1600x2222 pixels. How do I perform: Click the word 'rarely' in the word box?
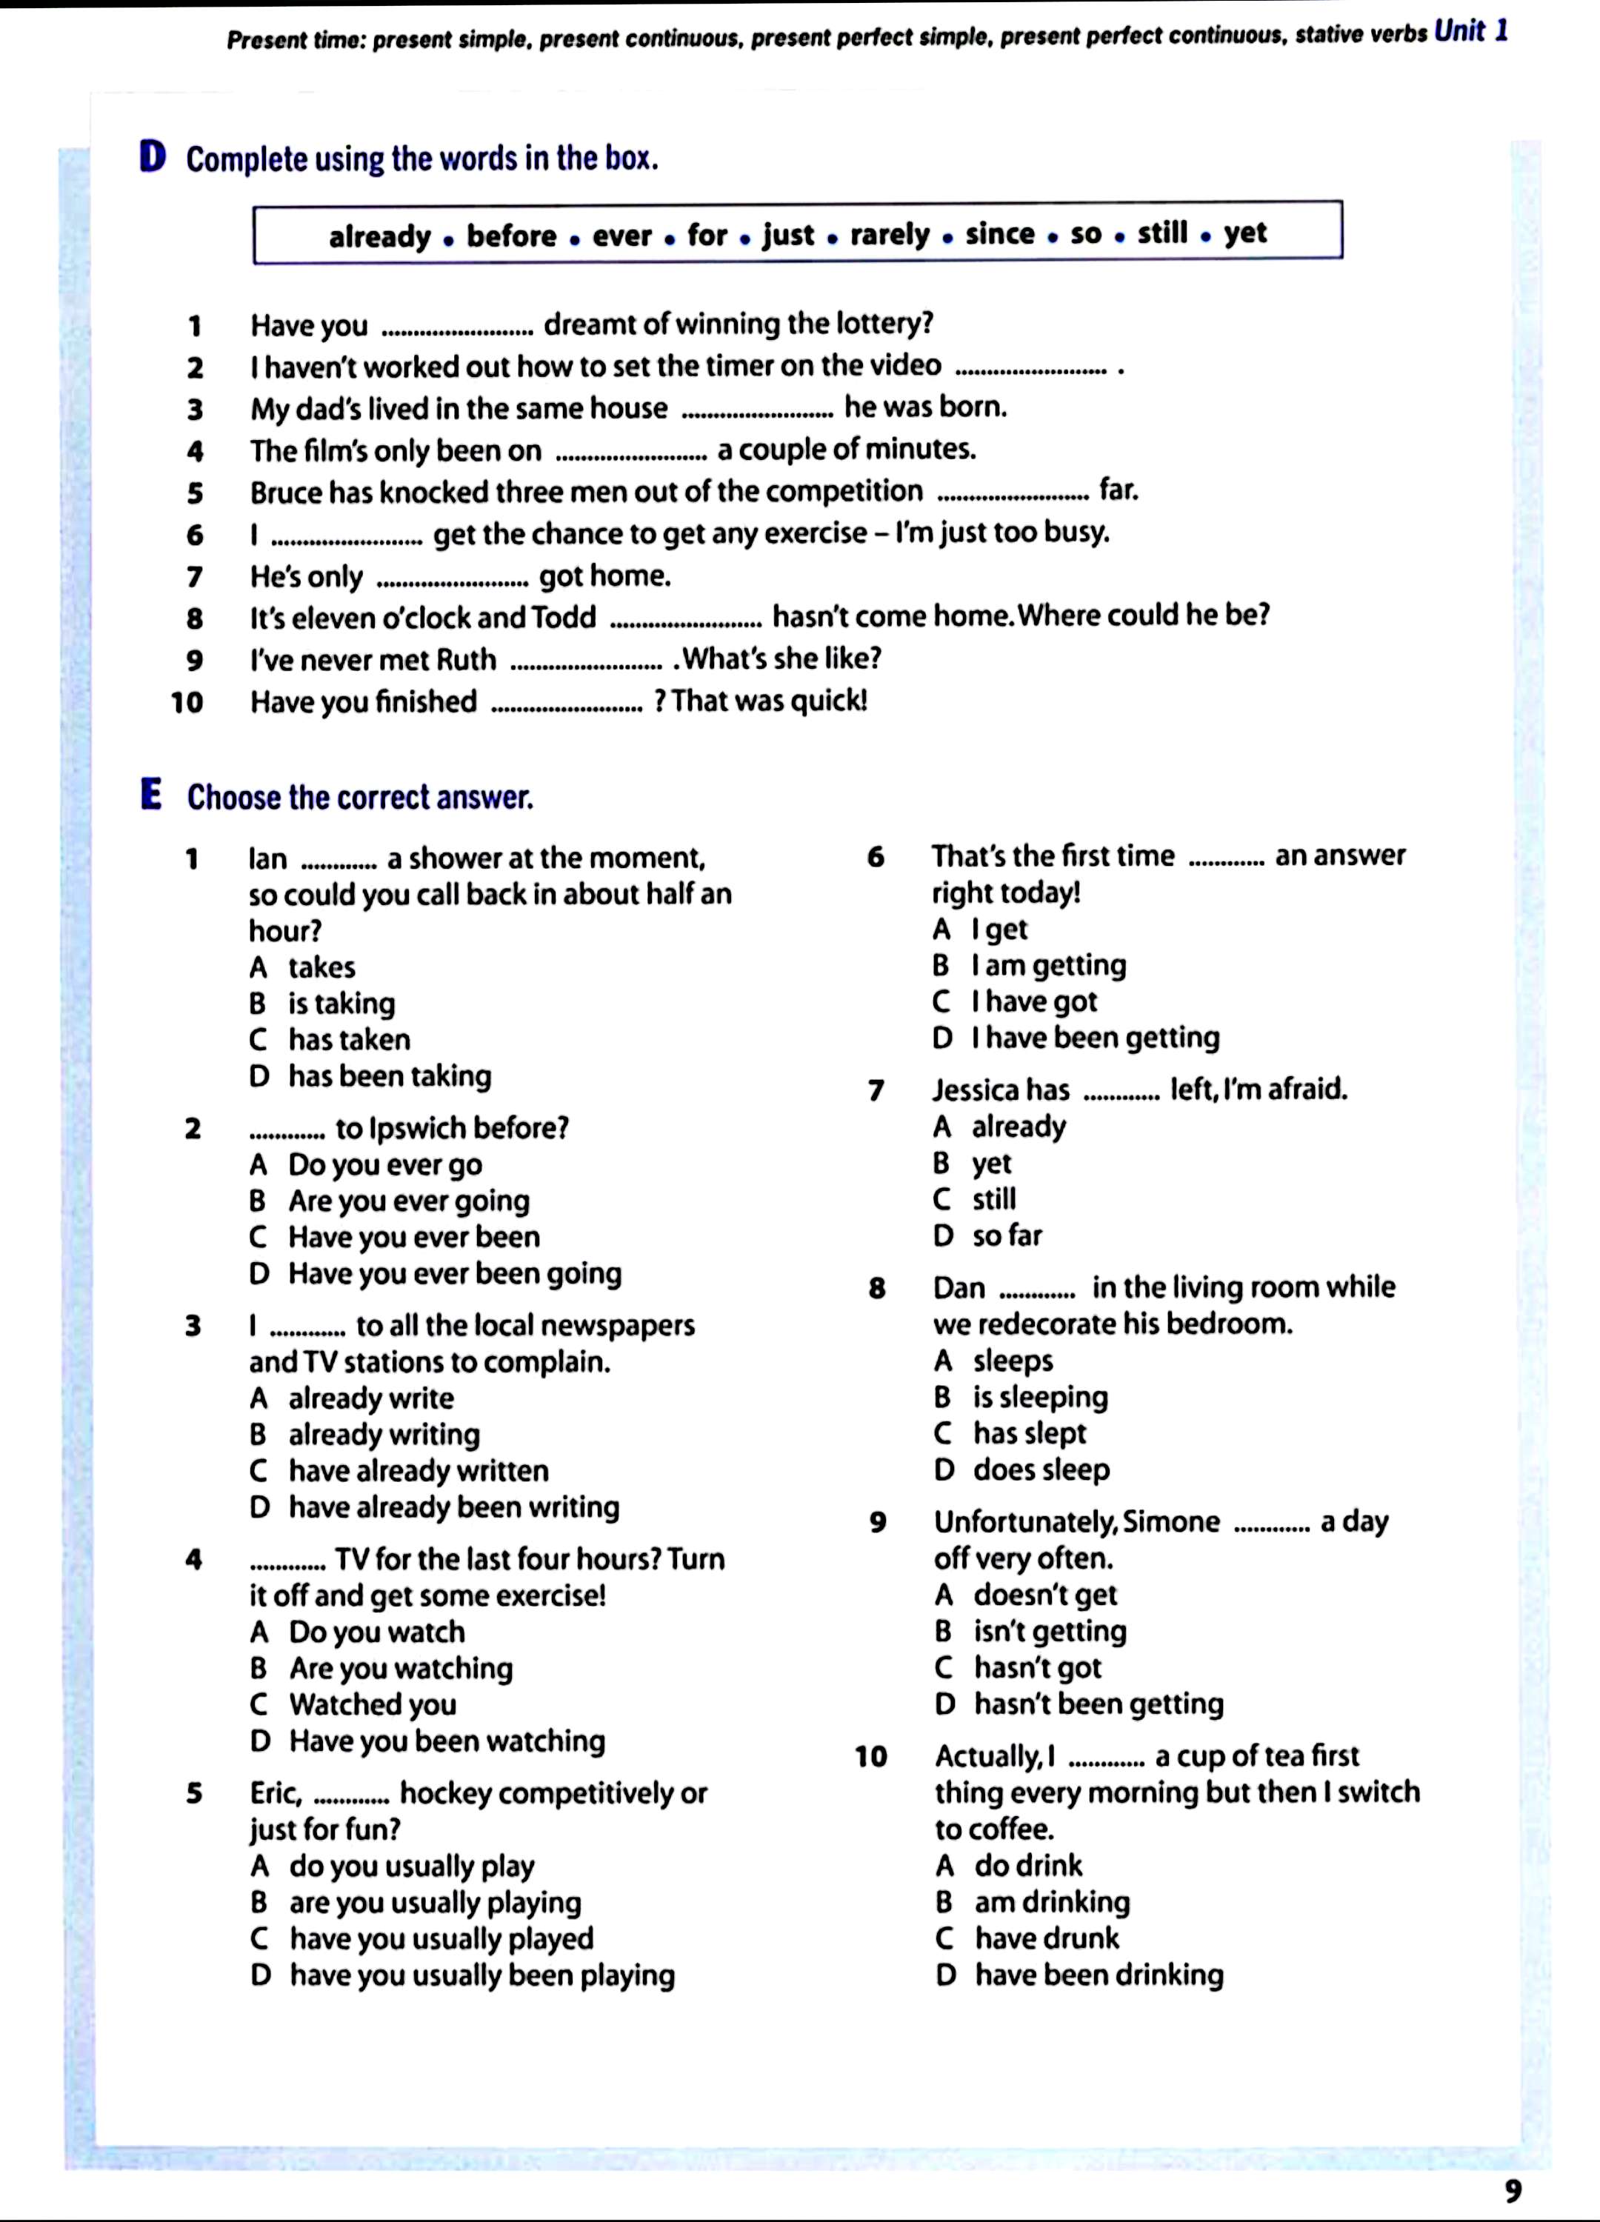click(890, 235)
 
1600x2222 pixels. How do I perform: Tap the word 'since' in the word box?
click(999, 234)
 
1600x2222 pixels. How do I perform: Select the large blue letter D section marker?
click(153, 157)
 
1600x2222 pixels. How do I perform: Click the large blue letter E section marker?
click(151, 795)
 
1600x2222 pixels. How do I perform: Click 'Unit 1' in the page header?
click(1470, 33)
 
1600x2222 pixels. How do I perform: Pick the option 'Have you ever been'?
click(413, 1238)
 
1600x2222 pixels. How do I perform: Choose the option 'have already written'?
click(419, 1470)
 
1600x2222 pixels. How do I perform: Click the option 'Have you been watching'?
click(447, 1741)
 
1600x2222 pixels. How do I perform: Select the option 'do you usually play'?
click(412, 1866)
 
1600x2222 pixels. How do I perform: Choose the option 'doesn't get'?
click(1044, 1595)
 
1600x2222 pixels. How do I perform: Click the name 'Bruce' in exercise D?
click(285, 492)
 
